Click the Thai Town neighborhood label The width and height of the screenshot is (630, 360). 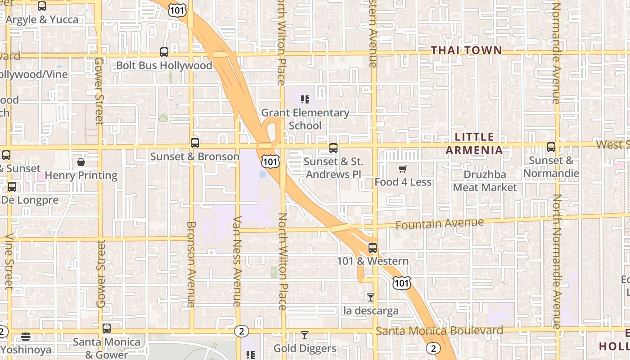(467, 50)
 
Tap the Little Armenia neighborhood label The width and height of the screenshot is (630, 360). (474, 143)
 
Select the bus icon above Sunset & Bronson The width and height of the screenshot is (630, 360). (195, 143)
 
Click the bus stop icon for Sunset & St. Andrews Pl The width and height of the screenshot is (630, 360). (333, 148)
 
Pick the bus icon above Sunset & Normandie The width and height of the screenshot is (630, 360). (551, 147)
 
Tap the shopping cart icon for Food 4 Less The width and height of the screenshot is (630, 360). (403, 169)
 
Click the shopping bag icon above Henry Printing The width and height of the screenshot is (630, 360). (81, 162)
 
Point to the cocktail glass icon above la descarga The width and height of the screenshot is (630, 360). (371, 297)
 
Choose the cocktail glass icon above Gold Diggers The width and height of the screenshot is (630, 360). (305, 335)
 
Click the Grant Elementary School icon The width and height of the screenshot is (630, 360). (306, 99)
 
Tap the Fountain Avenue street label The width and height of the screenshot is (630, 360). (440, 223)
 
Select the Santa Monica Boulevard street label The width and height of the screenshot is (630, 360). (439, 331)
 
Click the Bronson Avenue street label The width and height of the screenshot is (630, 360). (191, 264)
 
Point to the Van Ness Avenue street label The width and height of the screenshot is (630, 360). (238, 261)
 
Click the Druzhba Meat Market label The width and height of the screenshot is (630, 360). (485, 181)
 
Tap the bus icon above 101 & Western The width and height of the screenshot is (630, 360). (373, 247)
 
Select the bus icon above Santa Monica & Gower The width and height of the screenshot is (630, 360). (107, 328)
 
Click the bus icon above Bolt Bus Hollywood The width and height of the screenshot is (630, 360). (164, 52)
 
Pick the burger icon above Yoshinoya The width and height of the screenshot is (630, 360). (26, 337)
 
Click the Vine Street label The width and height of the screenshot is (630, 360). (9, 261)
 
